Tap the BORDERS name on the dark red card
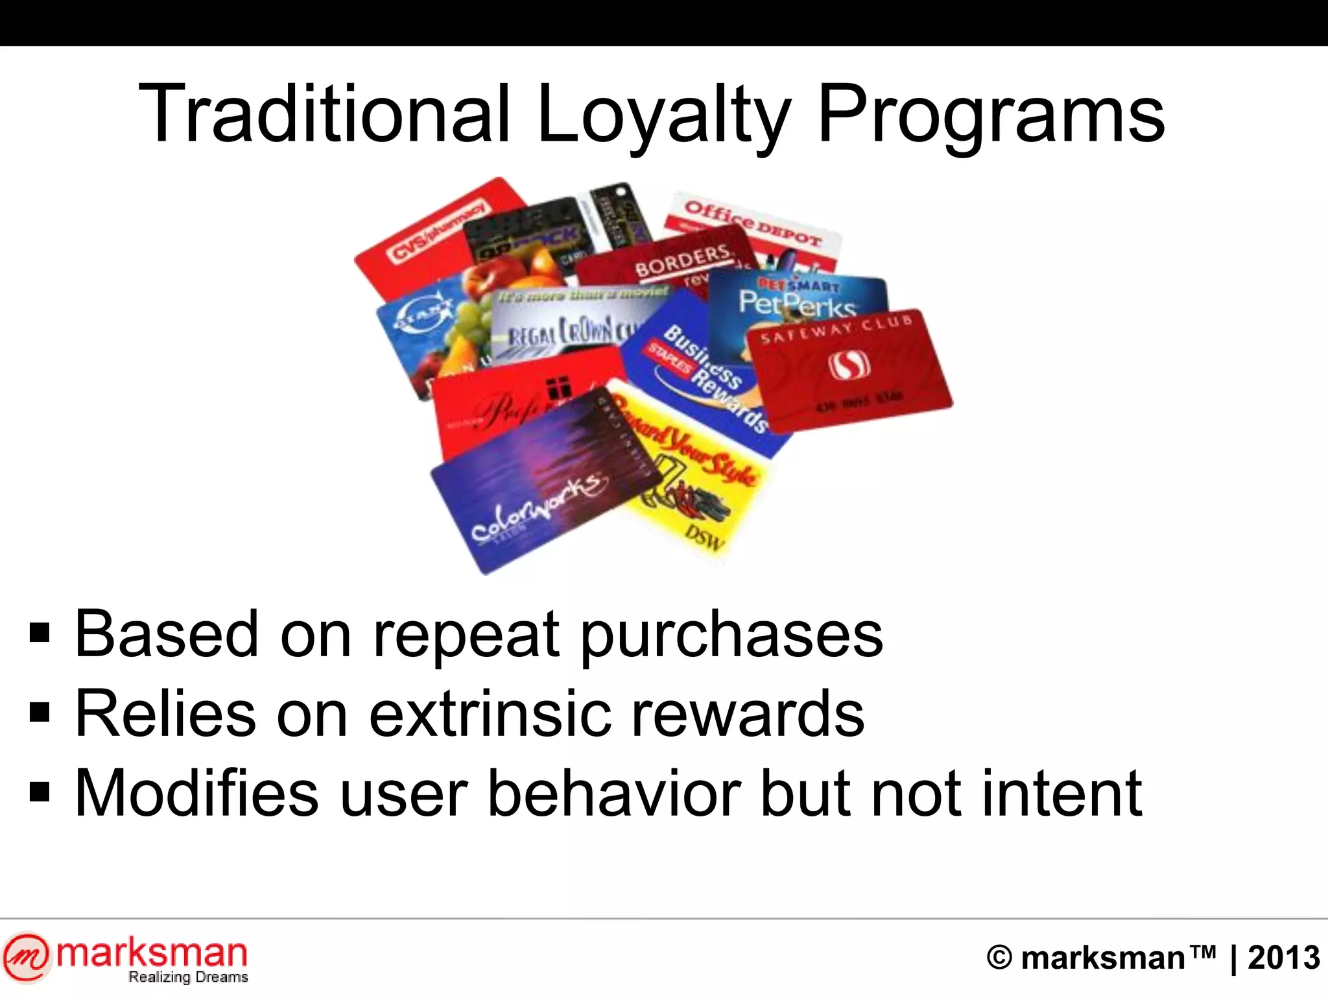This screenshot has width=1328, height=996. [682, 260]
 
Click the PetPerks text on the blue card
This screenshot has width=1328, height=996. [798, 303]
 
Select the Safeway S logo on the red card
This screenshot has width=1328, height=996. [848, 365]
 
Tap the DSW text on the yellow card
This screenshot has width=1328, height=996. [705, 538]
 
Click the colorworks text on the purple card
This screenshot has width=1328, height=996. [538, 507]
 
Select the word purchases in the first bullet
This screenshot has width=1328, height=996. [731, 635]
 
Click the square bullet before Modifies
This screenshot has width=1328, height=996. [40, 792]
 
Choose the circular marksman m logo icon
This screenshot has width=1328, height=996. [26, 957]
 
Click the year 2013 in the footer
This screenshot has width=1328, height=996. [1283, 958]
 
